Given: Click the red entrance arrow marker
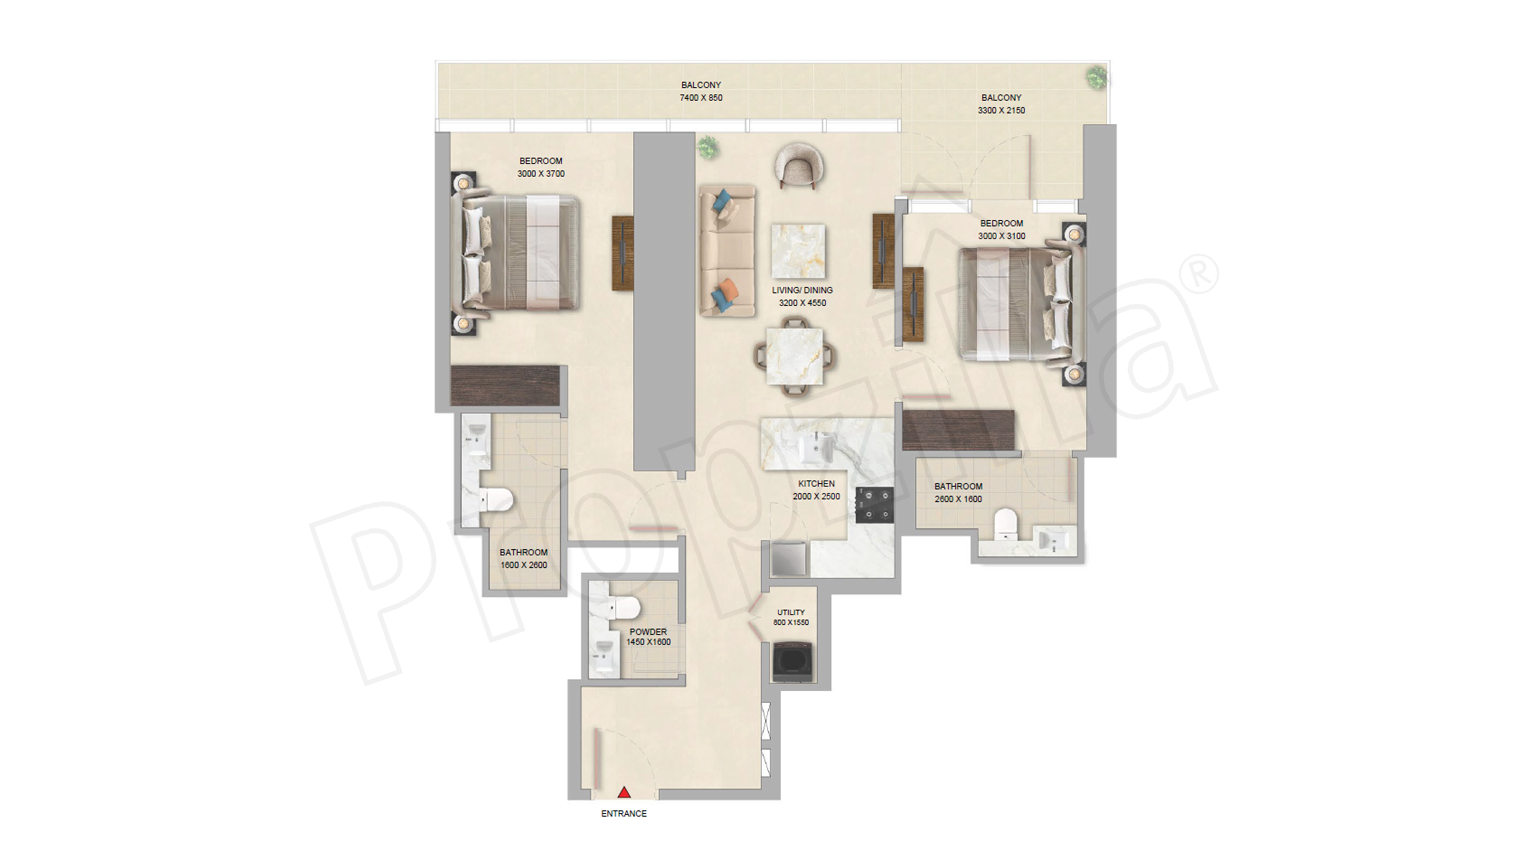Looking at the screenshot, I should pyautogui.click(x=623, y=792).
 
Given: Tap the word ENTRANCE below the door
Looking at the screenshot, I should pyautogui.click(x=623, y=813).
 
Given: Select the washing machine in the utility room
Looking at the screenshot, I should pyautogui.click(x=794, y=662).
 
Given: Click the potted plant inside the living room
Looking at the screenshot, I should pyautogui.click(x=707, y=146).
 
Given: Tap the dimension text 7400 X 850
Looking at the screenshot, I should pyautogui.click(x=701, y=98).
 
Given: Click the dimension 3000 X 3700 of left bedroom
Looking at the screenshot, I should pyautogui.click(x=540, y=174).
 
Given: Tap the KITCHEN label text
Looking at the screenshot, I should pyautogui.click(x=816, y=484).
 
